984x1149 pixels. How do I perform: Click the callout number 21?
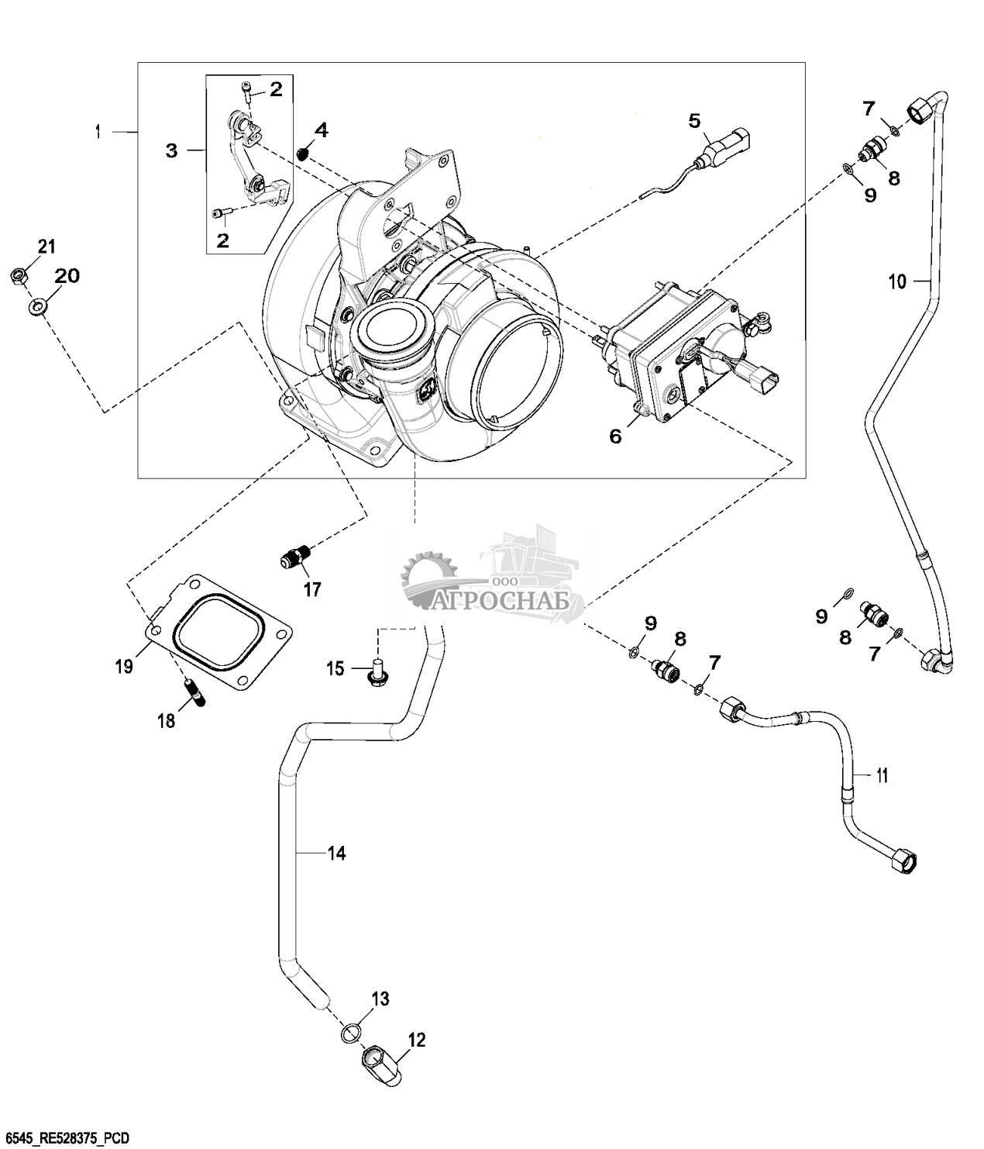coord(47,247)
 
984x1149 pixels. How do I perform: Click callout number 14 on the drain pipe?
coord(335,854)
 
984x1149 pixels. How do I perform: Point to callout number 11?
coord(882,775)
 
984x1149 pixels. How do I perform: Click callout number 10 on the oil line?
coord(896,281)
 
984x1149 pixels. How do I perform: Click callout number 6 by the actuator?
coord(614,436)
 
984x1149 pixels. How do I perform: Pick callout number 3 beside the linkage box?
coord(171,150)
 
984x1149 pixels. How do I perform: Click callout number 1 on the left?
coord(98,133)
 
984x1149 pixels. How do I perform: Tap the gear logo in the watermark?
coord(425,574)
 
